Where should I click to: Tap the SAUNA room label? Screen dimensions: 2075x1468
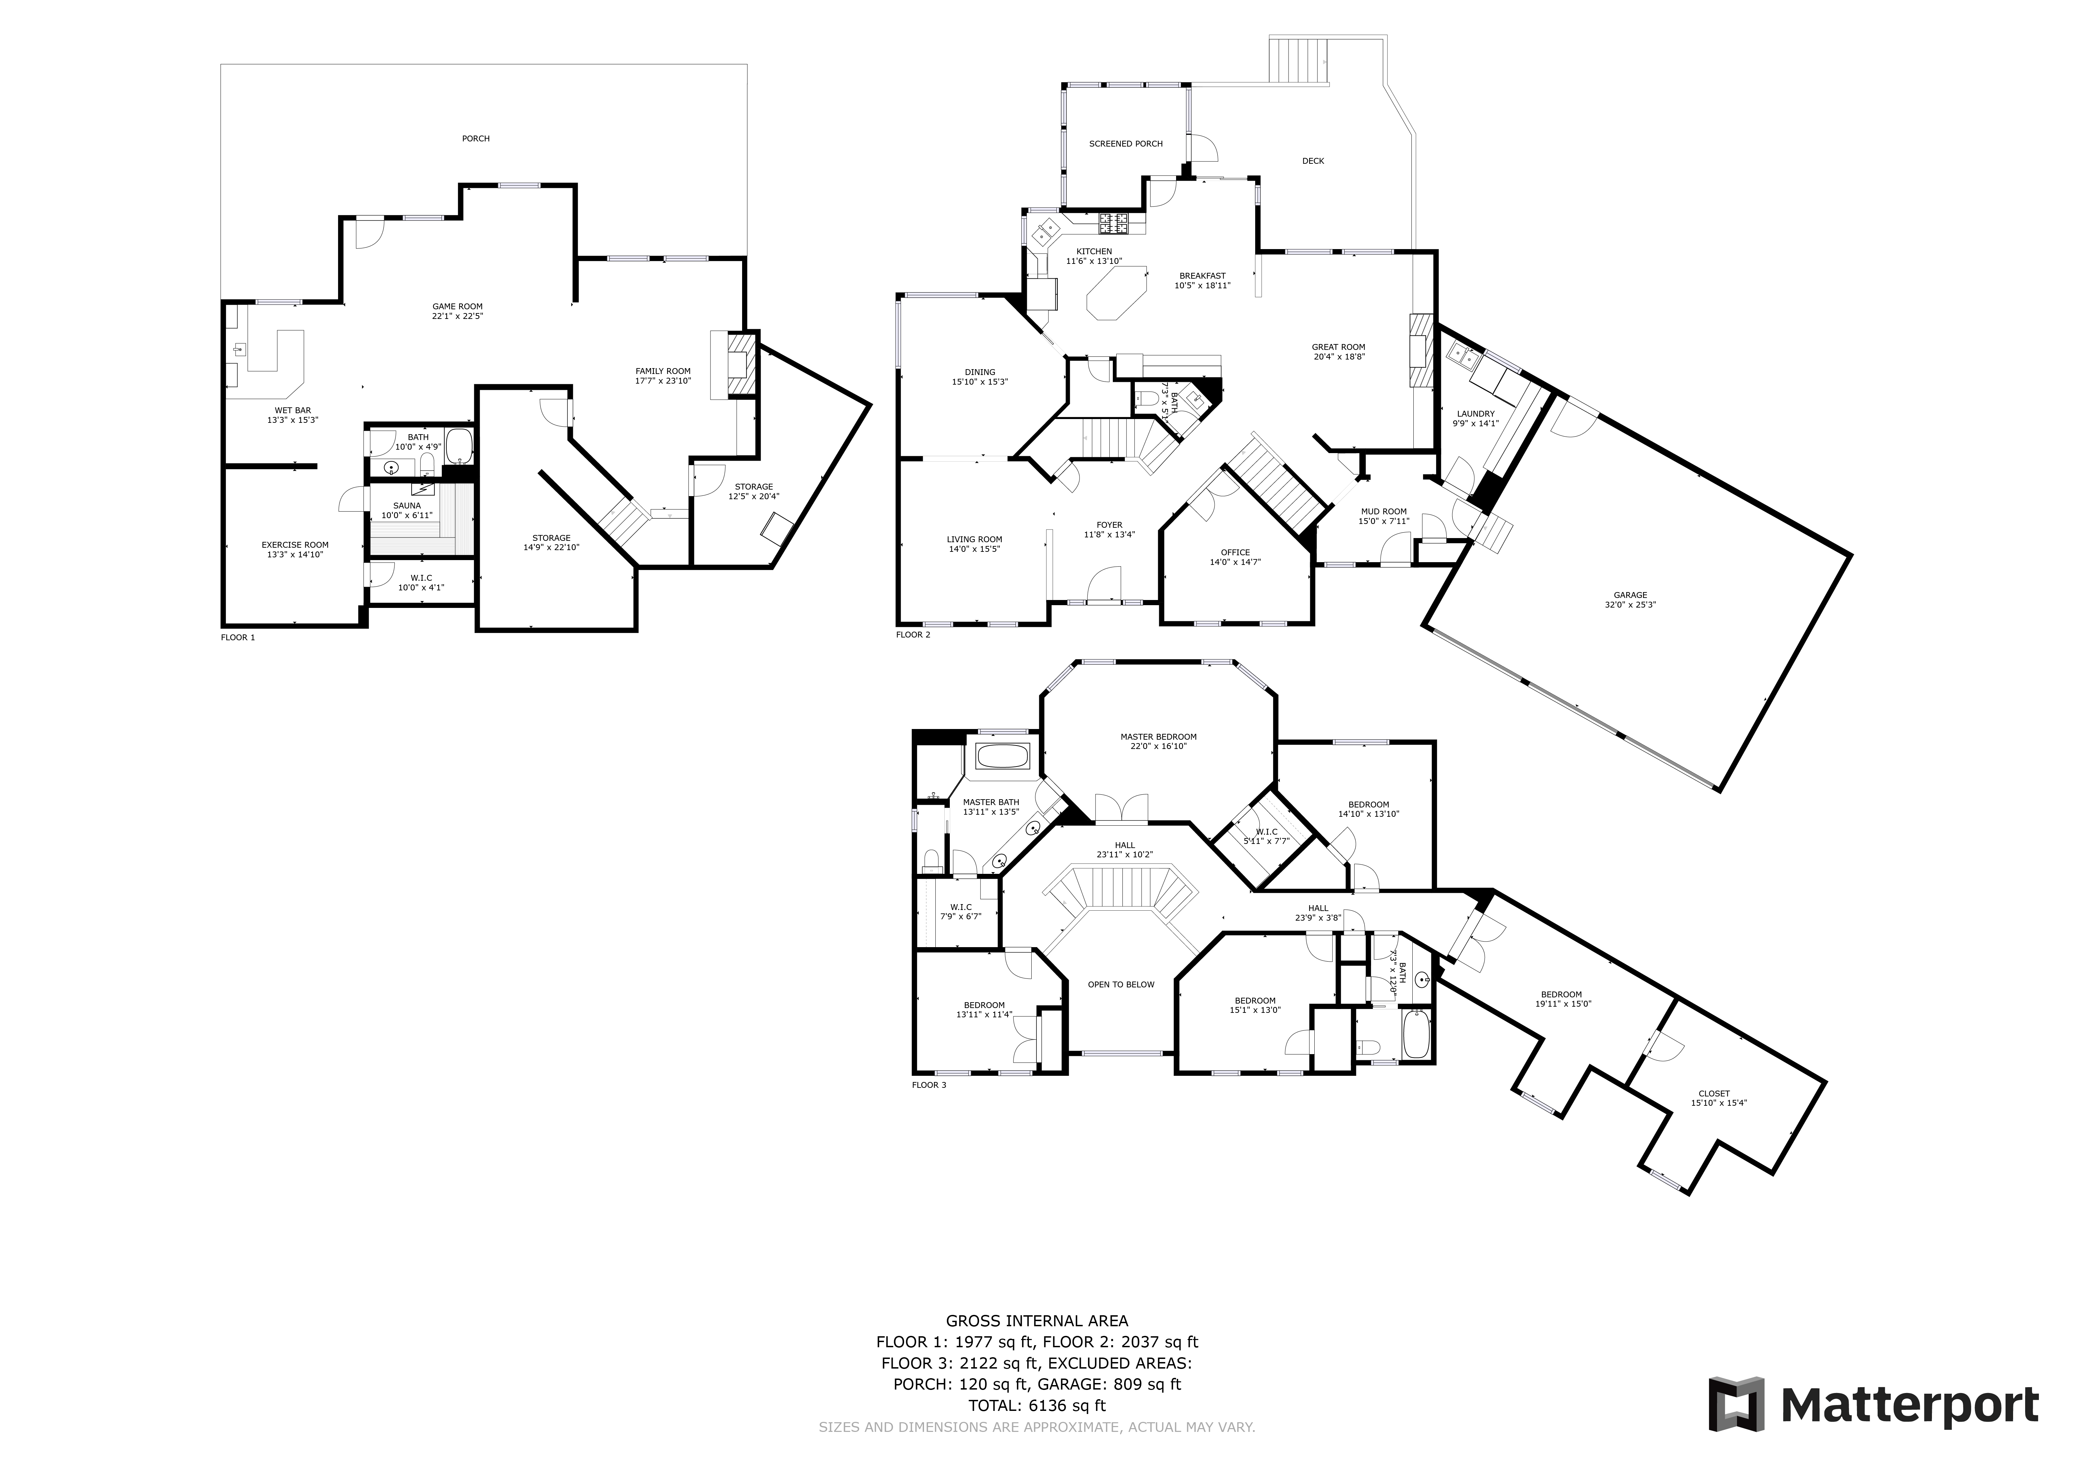pyautogui.click(x=407, y=505)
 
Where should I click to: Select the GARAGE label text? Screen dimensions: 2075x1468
pyautogui.click(x=1630, y=595)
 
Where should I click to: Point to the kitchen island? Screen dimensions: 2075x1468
pyautogui.click(x=1116, y=294)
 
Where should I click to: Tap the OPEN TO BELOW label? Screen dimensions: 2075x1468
pyautogui.click(x=1121, y=984)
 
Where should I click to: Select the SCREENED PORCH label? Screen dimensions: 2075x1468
pyautogui.click(x=1125, y=144)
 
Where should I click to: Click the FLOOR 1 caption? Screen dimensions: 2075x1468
pyautogui.click(x=238, y=637)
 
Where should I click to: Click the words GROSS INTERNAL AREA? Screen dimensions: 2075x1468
pyautogui.click(x=1036, y=1321)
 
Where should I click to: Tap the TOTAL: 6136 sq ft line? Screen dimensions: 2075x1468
pyautogui.click(x=1036, y=1406)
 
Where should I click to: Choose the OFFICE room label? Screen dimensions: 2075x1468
pyautogui.click(x=1235, y=552)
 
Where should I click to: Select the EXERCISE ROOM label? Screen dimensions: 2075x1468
pyautogui.click(x=295, y=545)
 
